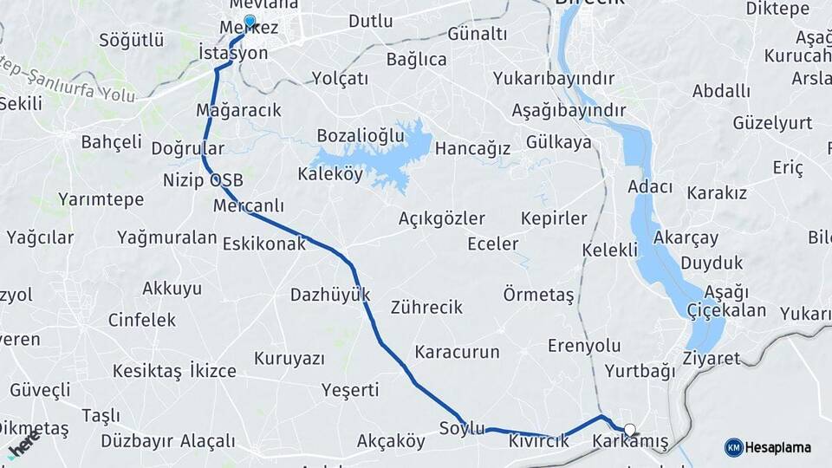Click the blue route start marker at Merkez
pos(250,21)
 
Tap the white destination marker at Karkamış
pos(630,429)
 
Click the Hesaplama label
pos(777,448)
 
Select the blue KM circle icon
pos(733,448)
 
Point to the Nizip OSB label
pos(203,181)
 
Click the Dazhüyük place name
pos(330,294)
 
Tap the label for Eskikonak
pos(264,244)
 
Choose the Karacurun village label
pos(458,352)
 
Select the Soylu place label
pos(461,427)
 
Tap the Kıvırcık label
pos(539,441)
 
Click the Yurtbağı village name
pos(640,372)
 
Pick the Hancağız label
pos(472,148)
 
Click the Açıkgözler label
pos(441,218)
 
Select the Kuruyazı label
pos(289,358)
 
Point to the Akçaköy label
pos(391,441)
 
